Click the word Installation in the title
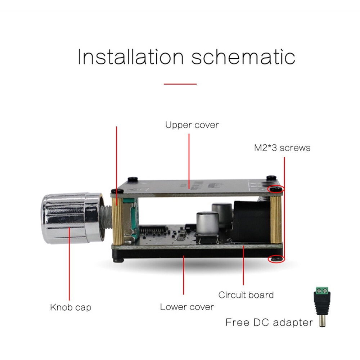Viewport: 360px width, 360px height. [x=130, y=57]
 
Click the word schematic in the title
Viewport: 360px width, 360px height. [x=243, y=57]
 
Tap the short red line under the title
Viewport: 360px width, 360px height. [x=180, y=84]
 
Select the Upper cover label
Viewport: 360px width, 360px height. [x=192, y=125]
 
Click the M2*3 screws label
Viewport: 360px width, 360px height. [x=282, y=148]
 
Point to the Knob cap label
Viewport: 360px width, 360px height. [x=70, y=307]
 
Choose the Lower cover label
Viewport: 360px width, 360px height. [x=187, y=307]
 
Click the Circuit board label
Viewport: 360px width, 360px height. [x=246, y=295]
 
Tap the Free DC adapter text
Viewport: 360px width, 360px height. [x=269, y=322]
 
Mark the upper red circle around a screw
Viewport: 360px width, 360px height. [x=276, y=189]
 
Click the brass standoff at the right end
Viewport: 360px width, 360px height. [x=276, y=220]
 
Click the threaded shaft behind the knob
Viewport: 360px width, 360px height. [x=107, y=219]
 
